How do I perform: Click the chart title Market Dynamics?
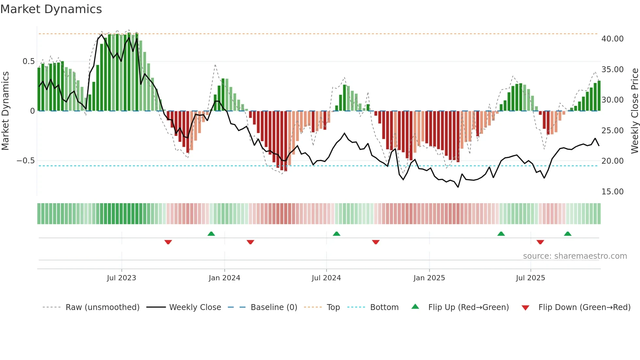click(x=51, y=9)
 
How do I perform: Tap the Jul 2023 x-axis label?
click(x=121, y=278)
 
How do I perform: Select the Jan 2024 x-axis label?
click(x=224, y=278)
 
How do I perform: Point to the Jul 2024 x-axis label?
click(x=326, y=278)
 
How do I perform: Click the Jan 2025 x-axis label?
click(x=429, y=278)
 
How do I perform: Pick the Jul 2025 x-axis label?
click(x=531, y=278)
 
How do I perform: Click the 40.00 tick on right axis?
click(x=613, y=39)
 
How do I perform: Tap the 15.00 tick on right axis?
click(x=613, y=192)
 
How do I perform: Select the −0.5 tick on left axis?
click(x=26, y=161)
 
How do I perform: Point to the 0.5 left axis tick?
click(x=29, y=61)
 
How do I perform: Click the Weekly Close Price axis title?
click(x=634, y=111)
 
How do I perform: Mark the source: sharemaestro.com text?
click(x=575, y=256)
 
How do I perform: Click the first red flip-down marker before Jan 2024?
click(x=168, y=242)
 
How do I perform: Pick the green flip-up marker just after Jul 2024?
click(x=337, y=234)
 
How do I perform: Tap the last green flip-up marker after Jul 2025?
click(x=568, y=234)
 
